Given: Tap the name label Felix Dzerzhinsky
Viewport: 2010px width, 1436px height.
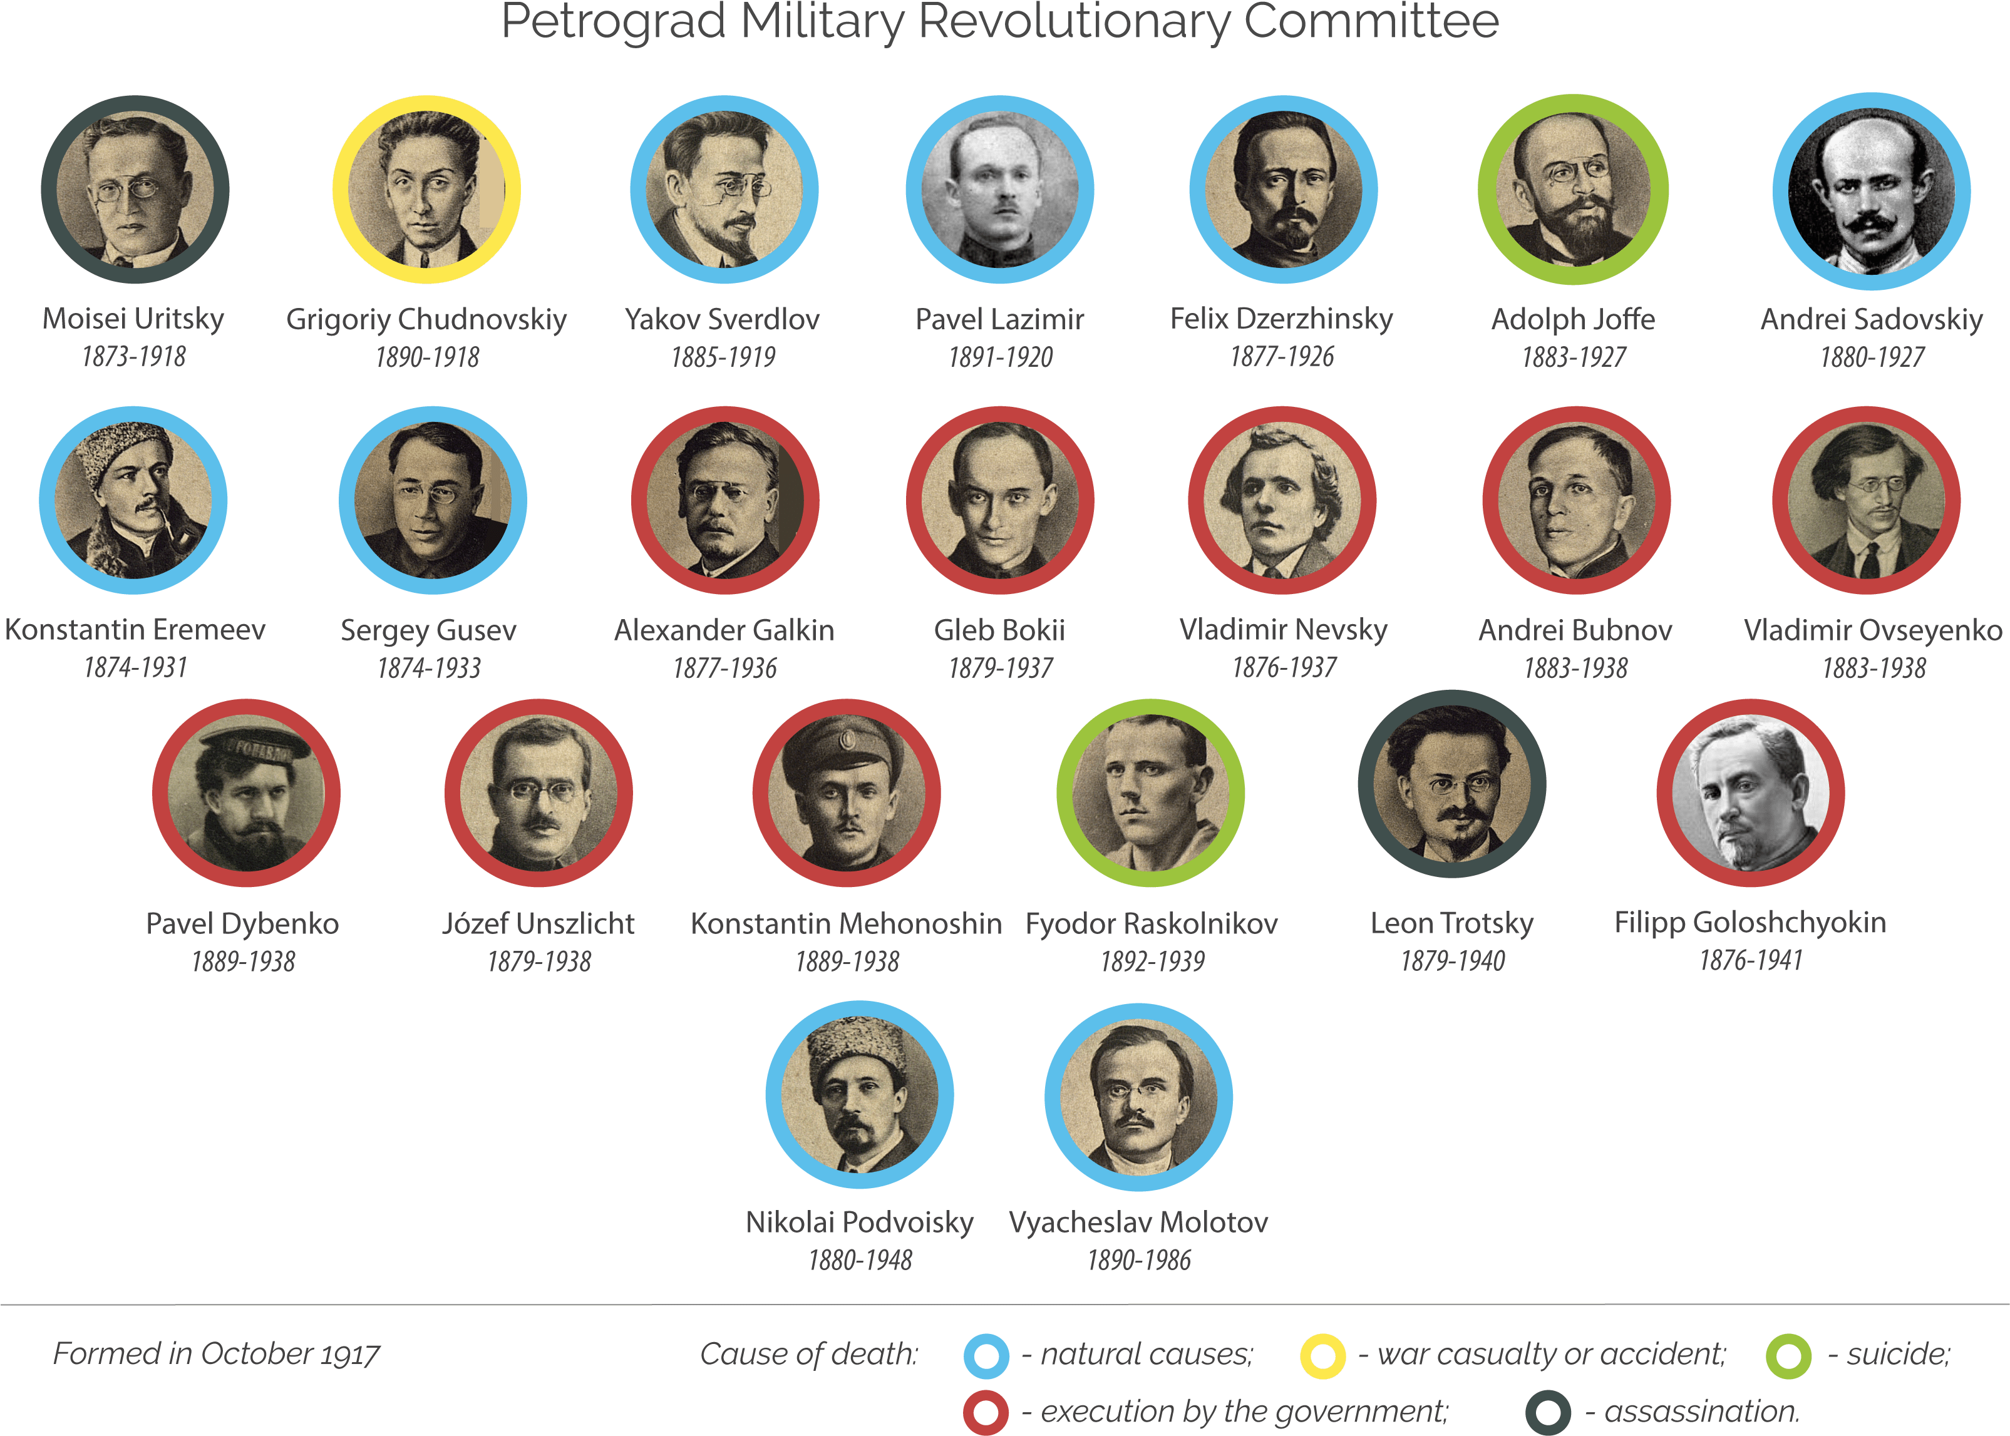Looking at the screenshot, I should click(1281, 319).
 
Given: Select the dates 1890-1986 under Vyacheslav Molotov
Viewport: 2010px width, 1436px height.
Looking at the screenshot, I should click(1139, 1260).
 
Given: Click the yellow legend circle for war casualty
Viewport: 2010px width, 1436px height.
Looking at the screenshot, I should click(1323, 1355).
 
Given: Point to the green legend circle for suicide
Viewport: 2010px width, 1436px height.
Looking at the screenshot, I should click(1788, 1355).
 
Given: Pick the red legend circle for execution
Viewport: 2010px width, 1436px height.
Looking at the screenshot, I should click(986, 1412).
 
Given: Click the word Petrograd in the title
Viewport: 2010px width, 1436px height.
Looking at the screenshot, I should click(614, 21).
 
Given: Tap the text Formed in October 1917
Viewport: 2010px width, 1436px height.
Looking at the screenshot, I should click(217, 1354).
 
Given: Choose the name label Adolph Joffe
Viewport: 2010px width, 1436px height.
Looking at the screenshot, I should click(1573, 319).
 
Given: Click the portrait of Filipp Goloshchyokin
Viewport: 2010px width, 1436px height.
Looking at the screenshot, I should click(1750, 793).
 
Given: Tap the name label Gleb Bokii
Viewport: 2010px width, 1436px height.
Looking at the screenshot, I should click(999, 630).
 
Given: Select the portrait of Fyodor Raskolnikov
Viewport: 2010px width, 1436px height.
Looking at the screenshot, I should click(1150, 793).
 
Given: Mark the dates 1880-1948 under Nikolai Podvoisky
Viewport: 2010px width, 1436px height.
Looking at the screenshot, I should click(860, 1260).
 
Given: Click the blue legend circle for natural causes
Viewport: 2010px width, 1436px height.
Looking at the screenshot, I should click(986, 1355).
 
